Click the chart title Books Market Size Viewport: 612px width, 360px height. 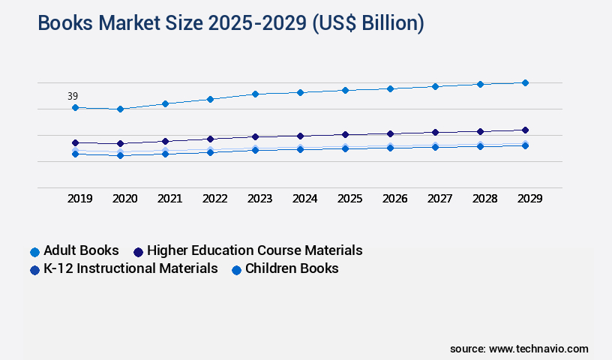(x=231, y=23)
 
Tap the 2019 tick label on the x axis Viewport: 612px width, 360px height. (x=79, y=199)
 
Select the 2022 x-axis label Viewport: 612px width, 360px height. (x=214, y=199)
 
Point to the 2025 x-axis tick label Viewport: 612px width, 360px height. (x=349, y=199)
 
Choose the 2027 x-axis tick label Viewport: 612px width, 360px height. (x=439, y=199)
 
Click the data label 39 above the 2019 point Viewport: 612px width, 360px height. (x=73, y=96)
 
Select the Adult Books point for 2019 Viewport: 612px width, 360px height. (x=75, y=107)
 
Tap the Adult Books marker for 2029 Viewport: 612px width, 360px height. (x=525, y=82)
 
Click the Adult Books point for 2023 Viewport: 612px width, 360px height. (x=255, y=94)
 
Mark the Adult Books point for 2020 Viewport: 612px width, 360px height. (x=120, y=109)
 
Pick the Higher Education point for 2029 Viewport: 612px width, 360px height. (x=525, y=130)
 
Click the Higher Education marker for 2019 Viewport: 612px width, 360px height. (x=75, y=142)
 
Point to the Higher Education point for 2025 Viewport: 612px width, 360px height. (x=345, y=134)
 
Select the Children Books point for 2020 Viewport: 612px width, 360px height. (x=120, y=155)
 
